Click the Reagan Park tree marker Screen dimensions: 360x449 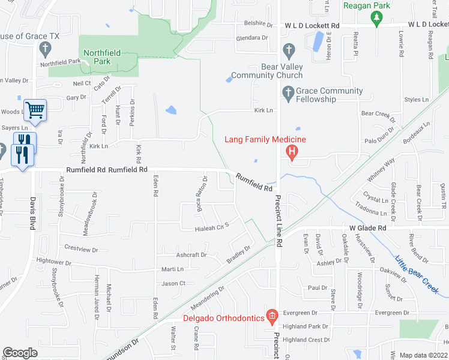click(376, 19)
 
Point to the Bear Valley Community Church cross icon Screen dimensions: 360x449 click(288, 49)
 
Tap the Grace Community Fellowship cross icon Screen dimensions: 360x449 click(288, 93)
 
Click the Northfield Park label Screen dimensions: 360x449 click(101, 57)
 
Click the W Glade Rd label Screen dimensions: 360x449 click(367, 228)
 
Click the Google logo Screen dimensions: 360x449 click(20, 353)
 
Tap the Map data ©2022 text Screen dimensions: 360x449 click(423, 355)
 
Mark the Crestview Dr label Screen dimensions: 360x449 click(80, 247)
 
